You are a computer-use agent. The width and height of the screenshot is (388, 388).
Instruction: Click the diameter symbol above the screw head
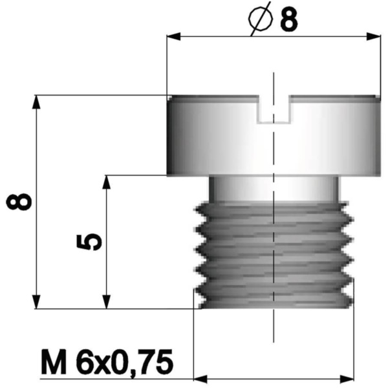point(261,19)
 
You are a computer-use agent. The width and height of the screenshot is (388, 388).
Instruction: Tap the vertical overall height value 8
point(19,202)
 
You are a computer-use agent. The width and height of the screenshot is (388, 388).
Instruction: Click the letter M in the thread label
point(54,361)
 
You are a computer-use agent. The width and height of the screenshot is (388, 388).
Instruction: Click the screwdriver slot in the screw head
point(274,109)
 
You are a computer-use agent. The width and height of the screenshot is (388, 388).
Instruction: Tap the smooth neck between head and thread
point(274,189)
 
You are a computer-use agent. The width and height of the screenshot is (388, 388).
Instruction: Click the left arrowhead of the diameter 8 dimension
point(174,36)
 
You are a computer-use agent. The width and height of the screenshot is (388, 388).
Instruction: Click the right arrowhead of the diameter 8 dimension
point(374,36)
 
